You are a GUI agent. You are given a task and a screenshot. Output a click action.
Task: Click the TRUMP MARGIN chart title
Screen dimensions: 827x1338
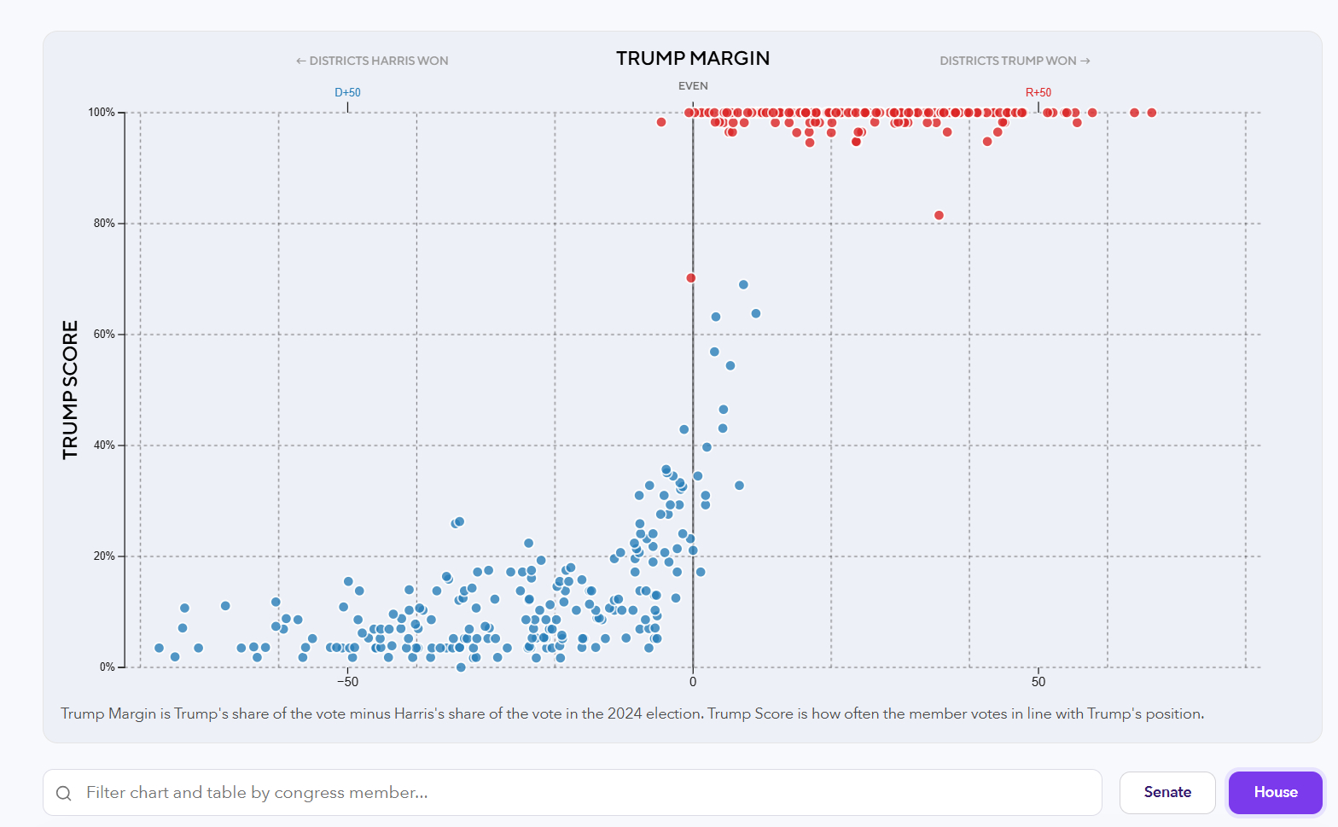point(693,58)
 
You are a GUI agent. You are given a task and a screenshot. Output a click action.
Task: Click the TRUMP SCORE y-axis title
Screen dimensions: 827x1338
point(70,390)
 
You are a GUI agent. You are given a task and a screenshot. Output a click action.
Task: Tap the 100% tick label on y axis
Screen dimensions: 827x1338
point(102,113)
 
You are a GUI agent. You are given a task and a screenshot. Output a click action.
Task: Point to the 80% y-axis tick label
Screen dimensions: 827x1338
point(104,224)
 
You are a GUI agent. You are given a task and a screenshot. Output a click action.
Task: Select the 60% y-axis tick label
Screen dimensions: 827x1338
point(104,335)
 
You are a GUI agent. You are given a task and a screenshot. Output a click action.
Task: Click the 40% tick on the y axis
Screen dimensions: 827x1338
point(104,446)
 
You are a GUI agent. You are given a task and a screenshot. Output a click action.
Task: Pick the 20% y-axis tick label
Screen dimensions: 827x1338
point(104,556)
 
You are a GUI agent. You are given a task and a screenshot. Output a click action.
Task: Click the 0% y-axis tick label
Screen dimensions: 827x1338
point(107,667)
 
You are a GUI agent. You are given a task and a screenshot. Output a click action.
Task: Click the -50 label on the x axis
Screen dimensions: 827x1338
point(347,682)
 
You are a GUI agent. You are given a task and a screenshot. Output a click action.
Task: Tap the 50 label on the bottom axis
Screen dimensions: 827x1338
point(1038,682)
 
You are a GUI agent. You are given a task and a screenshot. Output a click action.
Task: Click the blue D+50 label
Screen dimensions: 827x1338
point(347,92)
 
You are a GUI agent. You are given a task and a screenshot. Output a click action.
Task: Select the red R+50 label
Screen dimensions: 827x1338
point(1038,92)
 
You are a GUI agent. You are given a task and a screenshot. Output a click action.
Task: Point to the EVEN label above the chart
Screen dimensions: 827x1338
point(693,86)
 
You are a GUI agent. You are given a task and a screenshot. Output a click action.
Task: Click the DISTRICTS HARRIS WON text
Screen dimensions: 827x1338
point(372,61)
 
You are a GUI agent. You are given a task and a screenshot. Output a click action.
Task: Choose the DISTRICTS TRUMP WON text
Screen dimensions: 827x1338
point(1015,61)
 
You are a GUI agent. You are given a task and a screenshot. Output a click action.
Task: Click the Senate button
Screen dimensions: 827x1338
point(1166,792)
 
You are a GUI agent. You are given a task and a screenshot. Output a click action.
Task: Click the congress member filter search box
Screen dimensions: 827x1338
point(572,792)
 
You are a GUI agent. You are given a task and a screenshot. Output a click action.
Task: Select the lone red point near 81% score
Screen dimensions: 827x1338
point(939,215)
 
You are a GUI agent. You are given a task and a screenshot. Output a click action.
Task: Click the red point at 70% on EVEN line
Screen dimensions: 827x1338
point(691,278)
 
